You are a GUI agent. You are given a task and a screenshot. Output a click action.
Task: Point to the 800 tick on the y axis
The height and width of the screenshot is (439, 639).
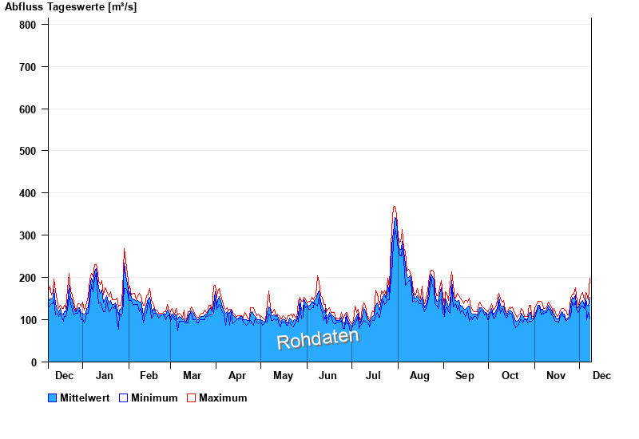(x=28, y=25)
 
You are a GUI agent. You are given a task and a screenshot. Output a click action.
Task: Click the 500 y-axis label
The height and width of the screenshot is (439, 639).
(x=28, y=151)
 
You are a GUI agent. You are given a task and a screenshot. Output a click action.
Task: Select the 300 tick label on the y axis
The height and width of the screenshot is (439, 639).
(x=28, y=235)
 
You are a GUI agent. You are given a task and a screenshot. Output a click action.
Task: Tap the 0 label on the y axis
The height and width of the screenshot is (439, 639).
(x=34, y=362)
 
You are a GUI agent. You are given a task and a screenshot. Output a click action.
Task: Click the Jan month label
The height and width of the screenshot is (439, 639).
(x=105, y=375)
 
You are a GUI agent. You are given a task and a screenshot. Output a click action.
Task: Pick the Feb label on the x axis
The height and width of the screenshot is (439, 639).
(x=149, y=375)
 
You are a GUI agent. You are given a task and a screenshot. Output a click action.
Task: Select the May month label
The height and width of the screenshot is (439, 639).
(x=283, y=375)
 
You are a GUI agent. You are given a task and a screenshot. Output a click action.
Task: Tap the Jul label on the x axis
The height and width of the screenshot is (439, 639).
(x=374, y=375)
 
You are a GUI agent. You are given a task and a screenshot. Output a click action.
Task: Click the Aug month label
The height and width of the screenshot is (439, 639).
(x=419, y=375)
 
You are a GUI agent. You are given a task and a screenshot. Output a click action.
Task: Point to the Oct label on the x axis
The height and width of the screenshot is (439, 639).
(x=510, y=375)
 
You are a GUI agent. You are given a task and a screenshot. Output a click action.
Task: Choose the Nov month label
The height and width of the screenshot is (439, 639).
(x=555, y=375)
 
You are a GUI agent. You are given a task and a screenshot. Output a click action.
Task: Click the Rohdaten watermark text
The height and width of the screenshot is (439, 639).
(x=318, y=338)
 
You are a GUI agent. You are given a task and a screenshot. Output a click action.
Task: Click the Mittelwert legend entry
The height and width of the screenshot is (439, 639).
(x=85, y=397)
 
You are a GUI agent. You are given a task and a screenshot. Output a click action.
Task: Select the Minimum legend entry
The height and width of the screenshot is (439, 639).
(x=154, y=397)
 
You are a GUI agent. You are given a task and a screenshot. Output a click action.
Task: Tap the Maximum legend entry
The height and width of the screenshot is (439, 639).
(x=223, y=397)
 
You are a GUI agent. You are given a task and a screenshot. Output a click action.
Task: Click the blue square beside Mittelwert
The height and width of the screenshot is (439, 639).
(x=53, y=397)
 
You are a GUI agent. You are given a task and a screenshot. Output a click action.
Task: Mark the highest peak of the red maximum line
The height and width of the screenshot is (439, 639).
(x=395, y=207)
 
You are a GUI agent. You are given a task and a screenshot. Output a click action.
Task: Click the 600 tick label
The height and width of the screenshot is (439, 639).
(x=28, y=109)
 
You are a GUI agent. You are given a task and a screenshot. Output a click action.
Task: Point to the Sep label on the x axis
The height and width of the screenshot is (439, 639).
(x=464, y=375)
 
